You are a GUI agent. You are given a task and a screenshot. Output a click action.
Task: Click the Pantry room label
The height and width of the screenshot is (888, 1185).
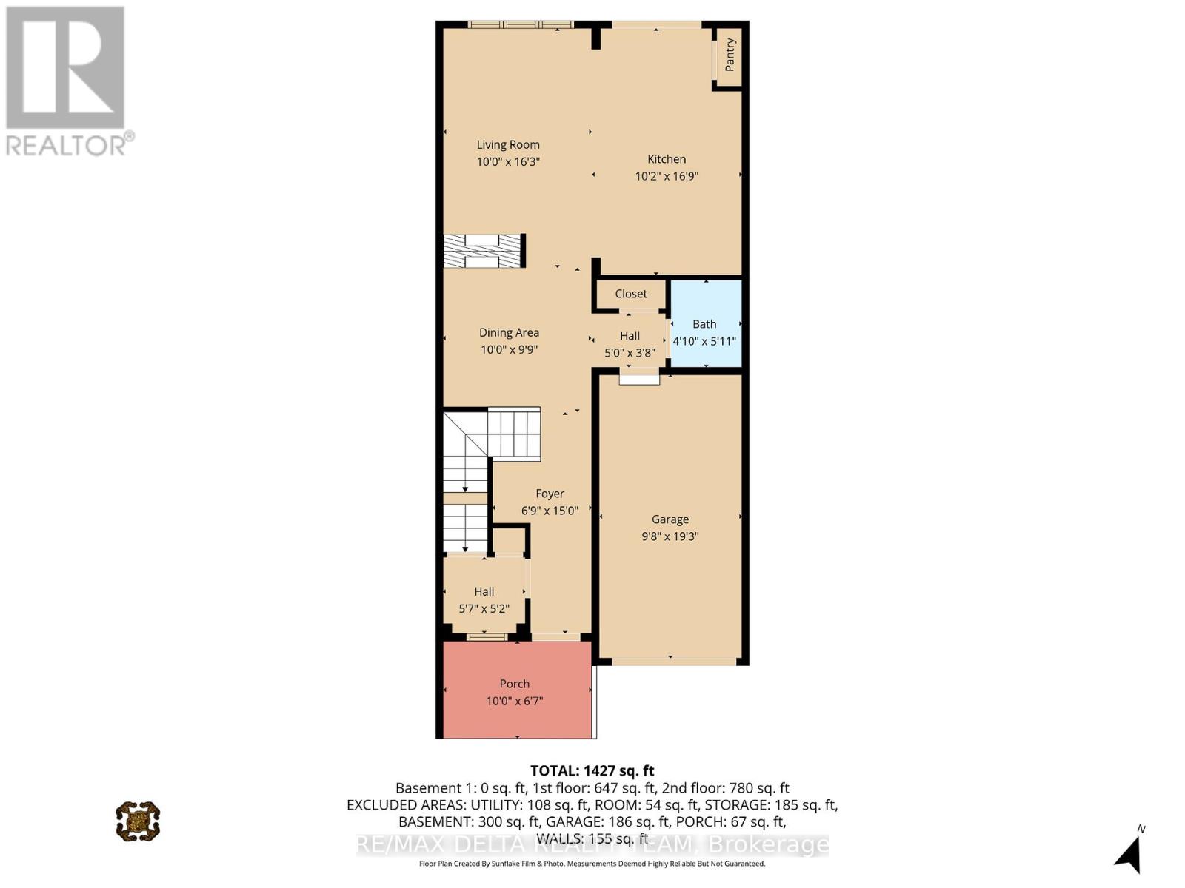point(730,55)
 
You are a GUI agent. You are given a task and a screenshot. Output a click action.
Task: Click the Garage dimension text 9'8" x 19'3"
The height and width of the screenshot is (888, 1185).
point(670,536)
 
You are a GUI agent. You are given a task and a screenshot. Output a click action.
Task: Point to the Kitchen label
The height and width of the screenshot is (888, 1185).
point(667,158)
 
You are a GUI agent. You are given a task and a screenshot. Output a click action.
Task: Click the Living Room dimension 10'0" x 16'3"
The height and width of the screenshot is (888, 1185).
point(508,161)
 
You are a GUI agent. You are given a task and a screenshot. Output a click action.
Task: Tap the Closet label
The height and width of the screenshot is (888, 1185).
point(631,294)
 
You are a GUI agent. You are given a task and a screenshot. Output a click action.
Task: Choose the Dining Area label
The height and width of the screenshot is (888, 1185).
point(509,332)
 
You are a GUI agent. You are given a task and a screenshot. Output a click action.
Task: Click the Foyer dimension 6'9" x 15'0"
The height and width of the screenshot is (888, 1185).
point(550,511)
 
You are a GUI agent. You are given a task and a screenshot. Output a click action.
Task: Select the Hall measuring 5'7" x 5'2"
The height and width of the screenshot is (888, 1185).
point(484,599)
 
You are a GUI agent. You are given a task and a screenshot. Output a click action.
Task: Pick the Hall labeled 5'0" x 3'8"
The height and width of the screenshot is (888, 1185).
point(630,343)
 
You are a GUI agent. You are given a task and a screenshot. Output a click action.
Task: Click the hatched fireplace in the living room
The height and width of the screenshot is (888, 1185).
point(483,251)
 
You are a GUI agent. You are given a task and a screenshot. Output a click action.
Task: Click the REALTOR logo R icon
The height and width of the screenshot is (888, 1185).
point(65,68)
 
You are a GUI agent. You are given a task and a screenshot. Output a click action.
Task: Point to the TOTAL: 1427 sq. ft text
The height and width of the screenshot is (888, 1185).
point(592,770)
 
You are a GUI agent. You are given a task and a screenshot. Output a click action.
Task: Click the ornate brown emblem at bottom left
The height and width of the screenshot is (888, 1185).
point(138,821)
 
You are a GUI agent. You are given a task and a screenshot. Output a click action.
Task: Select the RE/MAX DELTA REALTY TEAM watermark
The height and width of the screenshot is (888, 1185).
point(592,844)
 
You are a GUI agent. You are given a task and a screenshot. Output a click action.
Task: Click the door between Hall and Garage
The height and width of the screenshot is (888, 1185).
point(639,379)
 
